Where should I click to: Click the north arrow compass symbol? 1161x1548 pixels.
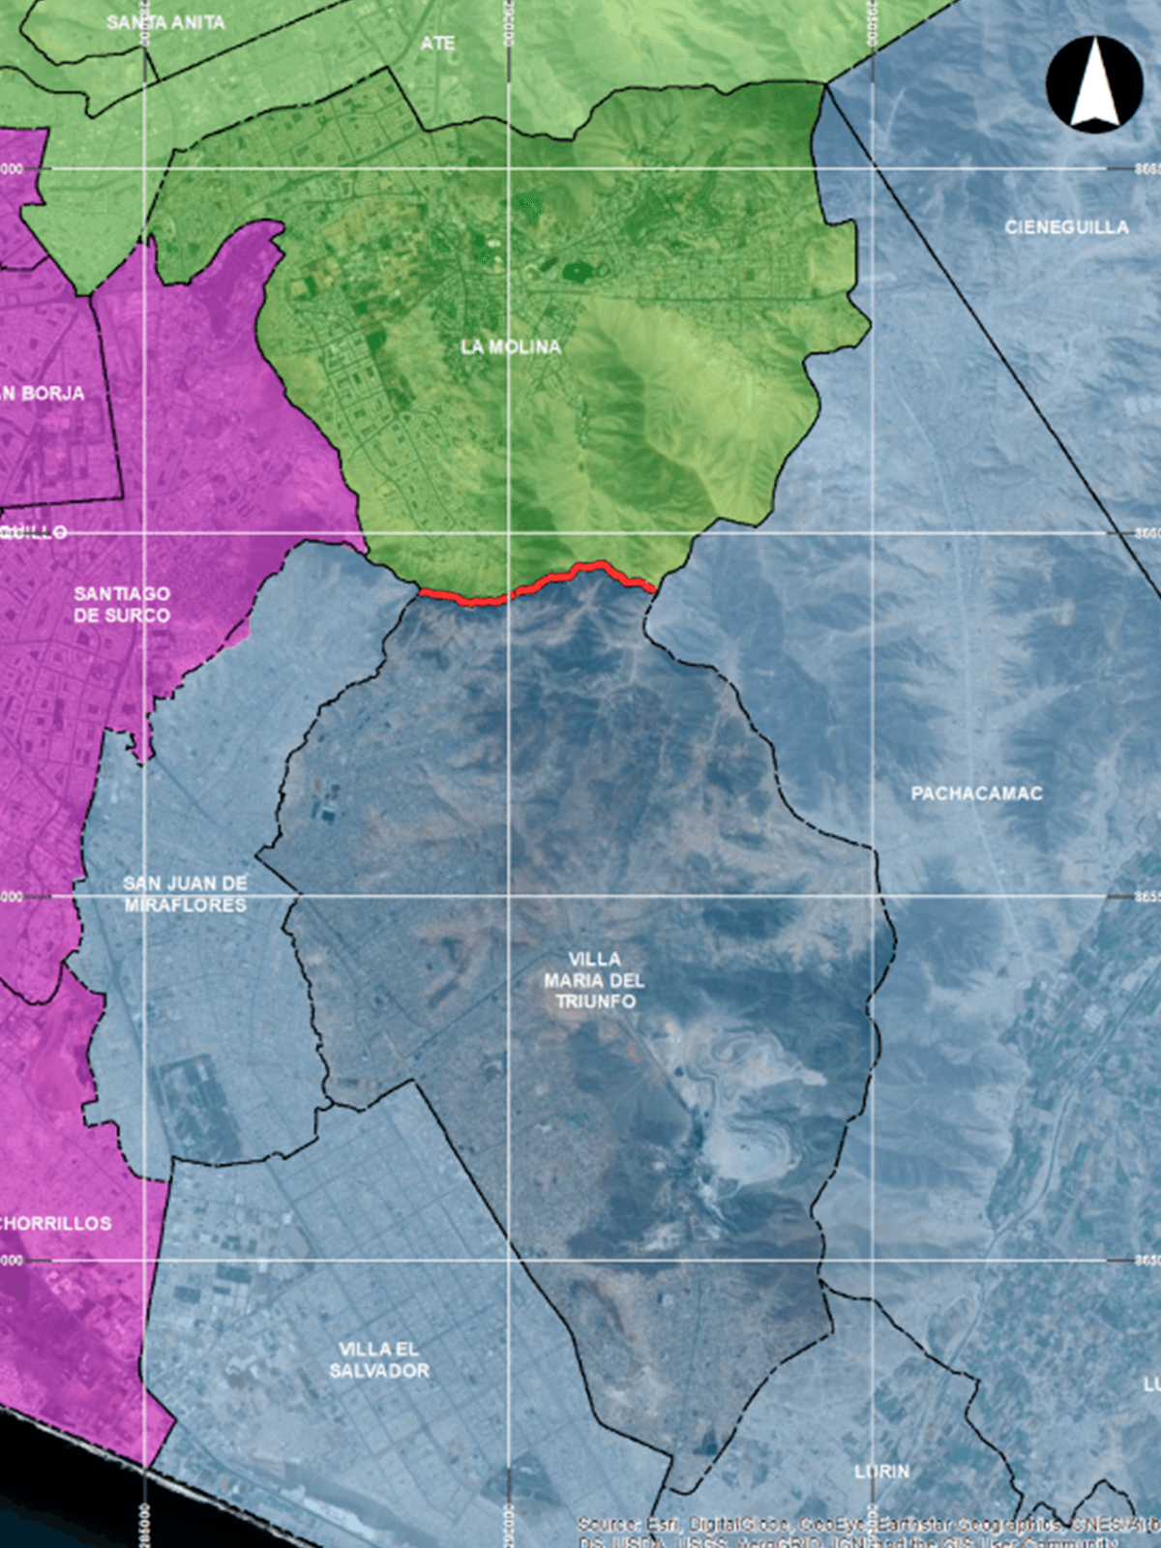coord(1094,85)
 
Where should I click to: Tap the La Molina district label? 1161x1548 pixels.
coord(511,346)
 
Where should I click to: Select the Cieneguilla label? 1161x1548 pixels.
coord(1066,227)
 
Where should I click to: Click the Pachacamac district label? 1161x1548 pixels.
coord(977,793)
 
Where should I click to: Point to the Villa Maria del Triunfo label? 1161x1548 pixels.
coord(594,980)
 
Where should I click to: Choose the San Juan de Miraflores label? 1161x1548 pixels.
coord(185,894)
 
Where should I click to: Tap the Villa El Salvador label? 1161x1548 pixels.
coord(379,1359)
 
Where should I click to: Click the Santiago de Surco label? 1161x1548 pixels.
coord(122,605)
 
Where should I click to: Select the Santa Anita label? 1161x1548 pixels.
coord(165,22)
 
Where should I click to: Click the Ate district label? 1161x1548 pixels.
coord(437,44)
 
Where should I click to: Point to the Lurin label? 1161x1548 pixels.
coord(881,1471)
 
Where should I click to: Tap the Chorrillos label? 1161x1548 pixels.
coord(55,1223)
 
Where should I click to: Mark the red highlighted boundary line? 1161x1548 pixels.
coord(542,583)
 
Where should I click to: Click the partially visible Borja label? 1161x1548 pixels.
coord(44,393)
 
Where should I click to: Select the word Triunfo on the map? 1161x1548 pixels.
coord(595,1001)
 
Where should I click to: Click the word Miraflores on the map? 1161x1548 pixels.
coord(185,906)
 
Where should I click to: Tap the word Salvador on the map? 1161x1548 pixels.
coord(379,1371)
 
